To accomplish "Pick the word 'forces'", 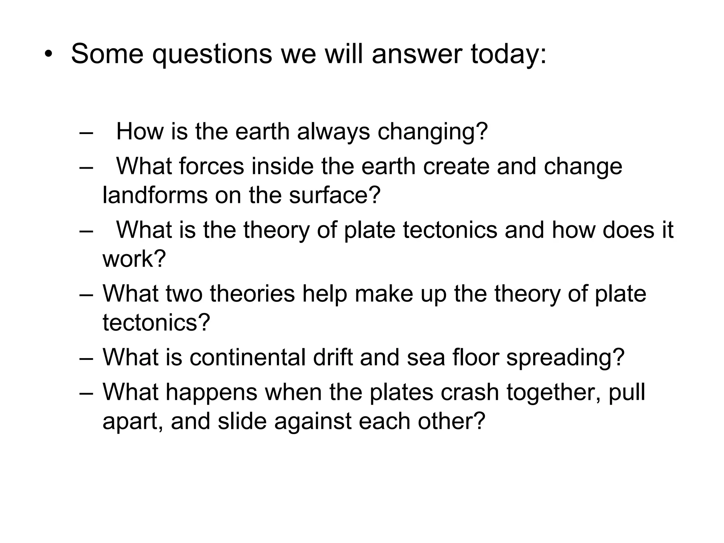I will point(211,166).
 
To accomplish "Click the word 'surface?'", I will point(334,195).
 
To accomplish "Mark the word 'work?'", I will point(134,259).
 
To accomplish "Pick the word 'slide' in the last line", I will point(242,421).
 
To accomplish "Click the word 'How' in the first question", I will point(140,132).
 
